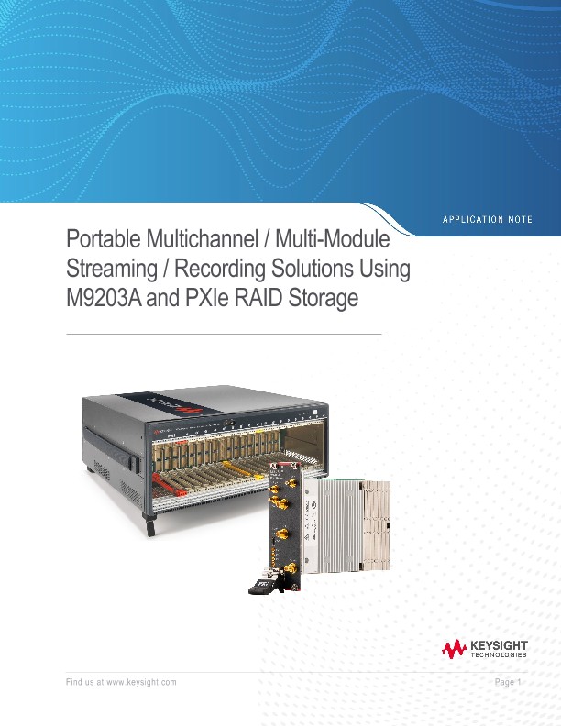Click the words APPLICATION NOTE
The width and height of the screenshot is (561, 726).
pyautogui.click(x=487, y=219)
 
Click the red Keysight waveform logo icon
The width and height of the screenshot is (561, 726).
pyautogui.click(x=454, y=650)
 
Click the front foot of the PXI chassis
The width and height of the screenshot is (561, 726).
pyautogui.click(x=150, y=529)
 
